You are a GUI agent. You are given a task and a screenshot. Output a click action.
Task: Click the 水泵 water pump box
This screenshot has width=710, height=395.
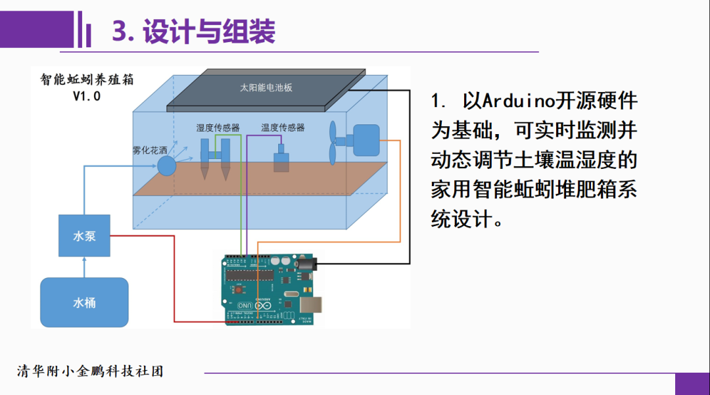(84, 235)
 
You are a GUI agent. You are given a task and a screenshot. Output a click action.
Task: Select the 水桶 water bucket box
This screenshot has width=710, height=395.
(84, 302)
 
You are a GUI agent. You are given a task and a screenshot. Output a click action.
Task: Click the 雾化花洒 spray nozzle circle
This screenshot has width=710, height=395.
(166, 165)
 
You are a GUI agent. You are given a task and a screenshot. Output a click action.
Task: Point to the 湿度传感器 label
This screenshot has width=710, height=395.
(218, 128)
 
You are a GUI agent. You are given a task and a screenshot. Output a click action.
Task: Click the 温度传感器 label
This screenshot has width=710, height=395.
(283, 128)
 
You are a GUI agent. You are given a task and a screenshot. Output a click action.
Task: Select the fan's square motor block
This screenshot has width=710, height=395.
(366, 140)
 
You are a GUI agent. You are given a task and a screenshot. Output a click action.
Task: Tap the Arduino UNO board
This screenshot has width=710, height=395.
(272, 289)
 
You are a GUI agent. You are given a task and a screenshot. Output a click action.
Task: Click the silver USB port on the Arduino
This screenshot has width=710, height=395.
(312, 304)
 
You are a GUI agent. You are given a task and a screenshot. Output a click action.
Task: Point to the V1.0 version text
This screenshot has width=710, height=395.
(87, 95)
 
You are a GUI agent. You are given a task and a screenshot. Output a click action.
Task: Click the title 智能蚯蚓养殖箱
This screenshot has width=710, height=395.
(87, 80)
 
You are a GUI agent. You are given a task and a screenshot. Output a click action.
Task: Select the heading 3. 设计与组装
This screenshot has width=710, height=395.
(193, 31)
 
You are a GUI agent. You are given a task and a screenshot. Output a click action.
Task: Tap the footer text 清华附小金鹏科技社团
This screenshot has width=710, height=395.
(90, 371)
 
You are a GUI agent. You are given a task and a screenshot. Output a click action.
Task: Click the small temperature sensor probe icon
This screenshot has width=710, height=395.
(281, 160)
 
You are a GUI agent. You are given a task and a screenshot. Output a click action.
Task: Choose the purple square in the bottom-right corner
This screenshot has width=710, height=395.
(692, 384)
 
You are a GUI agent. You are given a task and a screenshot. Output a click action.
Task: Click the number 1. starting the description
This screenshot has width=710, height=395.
(439, 101)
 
